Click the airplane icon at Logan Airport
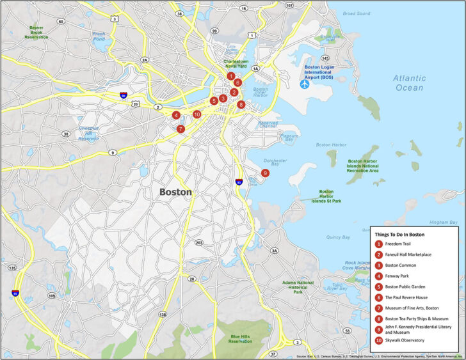[305, 84]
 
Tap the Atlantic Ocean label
[409, 82]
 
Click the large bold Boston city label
[175, 192]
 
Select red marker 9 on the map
[265, 173]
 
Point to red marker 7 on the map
[181, 129]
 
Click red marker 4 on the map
[175, 116]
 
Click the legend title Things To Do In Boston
[400, 234]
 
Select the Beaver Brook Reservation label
[36, 33]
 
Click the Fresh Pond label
[99, 36]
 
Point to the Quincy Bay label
[338, 237]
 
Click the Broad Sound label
[357, 13]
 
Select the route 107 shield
[289, 5]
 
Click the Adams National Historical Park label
[297, 286]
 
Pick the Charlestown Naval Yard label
[240, 64]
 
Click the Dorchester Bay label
[275, 163]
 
